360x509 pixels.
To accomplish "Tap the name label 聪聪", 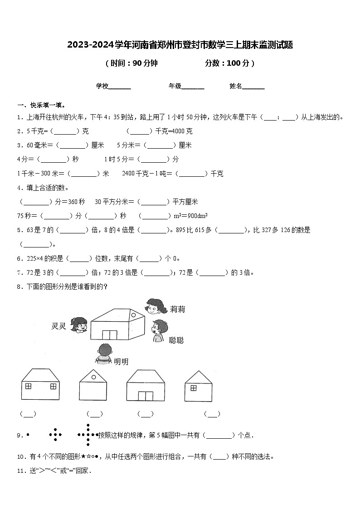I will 176,340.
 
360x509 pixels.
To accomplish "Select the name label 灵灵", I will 59,326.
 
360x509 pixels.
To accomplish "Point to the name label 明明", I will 121,361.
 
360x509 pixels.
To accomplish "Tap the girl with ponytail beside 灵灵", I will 80,325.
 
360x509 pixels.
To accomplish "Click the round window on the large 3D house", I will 133,314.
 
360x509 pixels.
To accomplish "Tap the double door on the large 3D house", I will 110,334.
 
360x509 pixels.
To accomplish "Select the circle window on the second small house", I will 93,376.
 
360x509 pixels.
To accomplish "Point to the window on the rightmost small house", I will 193,388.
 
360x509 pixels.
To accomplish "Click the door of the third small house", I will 145,396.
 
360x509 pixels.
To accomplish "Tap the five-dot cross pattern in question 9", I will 55,435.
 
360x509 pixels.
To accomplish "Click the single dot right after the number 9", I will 28,435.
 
